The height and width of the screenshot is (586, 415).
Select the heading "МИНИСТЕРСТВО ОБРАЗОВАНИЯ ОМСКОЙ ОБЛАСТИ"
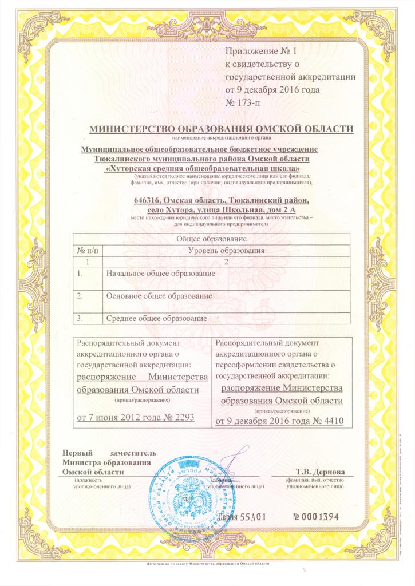[221, 129]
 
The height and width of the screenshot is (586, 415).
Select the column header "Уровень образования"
[226, 250]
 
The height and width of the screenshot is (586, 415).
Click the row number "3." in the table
[80, 318]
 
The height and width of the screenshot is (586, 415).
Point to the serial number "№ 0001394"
[316, 517]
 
